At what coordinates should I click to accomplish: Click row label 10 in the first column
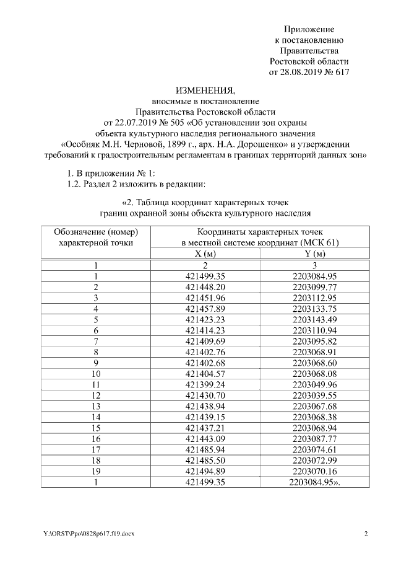coord(96,373)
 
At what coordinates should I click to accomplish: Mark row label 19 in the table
coord(96,470)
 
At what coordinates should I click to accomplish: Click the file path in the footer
coord(85,534)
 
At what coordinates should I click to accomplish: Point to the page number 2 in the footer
coord(366,534)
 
